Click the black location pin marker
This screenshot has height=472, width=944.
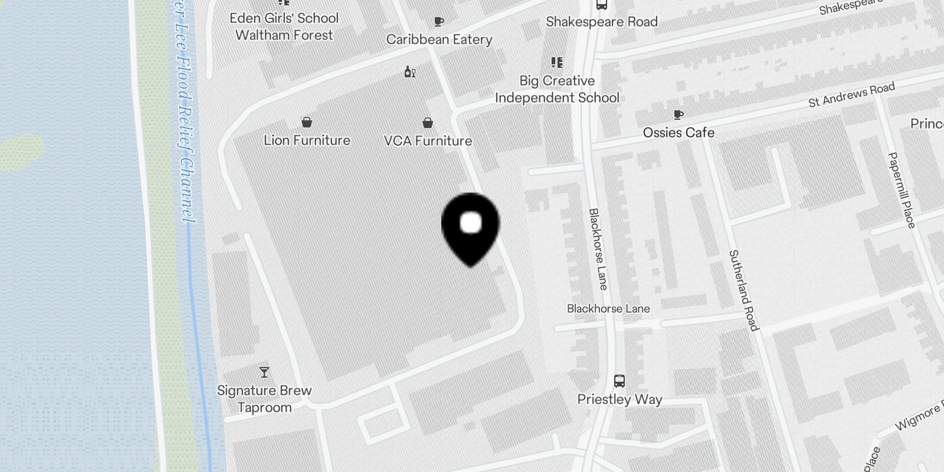[470, 227]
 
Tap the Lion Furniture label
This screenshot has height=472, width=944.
[307, 140]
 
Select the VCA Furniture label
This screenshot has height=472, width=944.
[428, 141]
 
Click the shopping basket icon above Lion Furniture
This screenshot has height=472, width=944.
[307, 122]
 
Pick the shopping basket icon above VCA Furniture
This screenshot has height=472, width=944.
[428, 123]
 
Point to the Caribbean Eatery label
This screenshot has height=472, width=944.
[439, 40]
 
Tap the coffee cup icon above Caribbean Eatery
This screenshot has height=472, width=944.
[438, 22]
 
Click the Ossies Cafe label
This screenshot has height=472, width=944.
[678, 133]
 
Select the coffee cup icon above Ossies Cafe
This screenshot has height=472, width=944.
[678, 114]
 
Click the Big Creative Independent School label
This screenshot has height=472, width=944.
[557, 89]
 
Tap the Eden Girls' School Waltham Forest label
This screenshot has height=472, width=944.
[284, 27]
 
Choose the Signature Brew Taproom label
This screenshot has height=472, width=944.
[264, 399]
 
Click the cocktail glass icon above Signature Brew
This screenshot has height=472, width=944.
[264, 372]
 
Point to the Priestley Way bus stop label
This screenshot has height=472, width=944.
[619, 399]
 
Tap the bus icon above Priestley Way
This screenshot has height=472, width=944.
[619, 381]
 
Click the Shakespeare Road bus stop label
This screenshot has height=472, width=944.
[601, 22]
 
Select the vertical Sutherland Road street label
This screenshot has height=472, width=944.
[743, 290]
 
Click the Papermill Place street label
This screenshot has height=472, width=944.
[902, 190]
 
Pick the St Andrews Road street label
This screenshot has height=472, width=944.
[851, 95]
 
